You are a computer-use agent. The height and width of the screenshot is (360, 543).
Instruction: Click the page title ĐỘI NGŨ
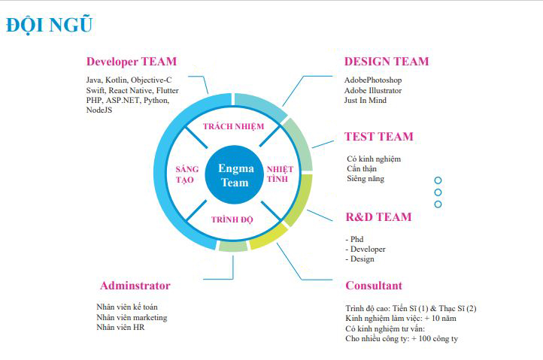(x=49, y=25)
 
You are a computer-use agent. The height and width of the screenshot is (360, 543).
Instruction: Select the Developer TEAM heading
(x=132, y=62)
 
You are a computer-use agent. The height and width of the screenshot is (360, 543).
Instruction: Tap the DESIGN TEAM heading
(x=387, y=62)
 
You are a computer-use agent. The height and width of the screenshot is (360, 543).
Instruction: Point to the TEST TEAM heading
(x=379, y=137)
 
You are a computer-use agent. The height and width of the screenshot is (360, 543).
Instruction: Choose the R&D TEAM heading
(x=378, y=217)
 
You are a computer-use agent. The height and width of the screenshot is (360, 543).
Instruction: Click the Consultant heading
(x=374, y=286)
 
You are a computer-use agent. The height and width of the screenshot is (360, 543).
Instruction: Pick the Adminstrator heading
(x=135, y=286)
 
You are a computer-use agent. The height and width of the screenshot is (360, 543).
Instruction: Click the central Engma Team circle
(x=235, y=175)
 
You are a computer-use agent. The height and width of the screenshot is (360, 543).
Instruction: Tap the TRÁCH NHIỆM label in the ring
(x=233, y=126)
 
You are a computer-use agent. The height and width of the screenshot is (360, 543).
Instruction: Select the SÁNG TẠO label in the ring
(x=187, y=174)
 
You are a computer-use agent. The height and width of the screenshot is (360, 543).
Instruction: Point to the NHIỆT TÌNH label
(x=280, y=174)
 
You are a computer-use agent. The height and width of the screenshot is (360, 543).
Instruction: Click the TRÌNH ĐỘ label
(x=232, y=219)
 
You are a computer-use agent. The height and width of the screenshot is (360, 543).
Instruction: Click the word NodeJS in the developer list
(x=99, y=110)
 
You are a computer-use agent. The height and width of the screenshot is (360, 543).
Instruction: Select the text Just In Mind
(x=366, y=101)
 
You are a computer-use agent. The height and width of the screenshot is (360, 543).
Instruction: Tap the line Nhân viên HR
(x=120, y=328)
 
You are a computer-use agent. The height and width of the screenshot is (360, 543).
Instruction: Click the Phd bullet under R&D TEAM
(x=354, y=239)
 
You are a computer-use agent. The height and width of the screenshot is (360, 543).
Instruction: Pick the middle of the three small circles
(x=438, y=192)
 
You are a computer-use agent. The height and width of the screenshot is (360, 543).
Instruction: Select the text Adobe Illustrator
(x=373, y=91)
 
